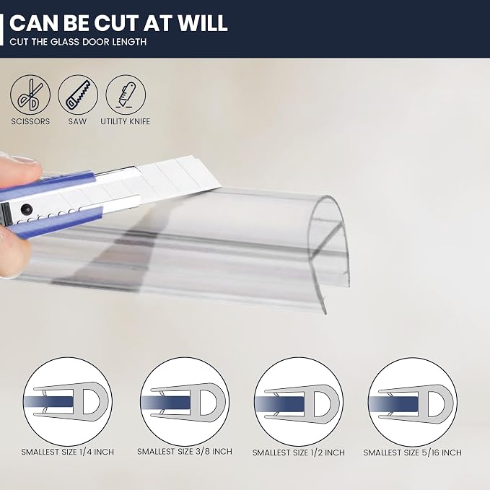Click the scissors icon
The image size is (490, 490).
pyautogui.click(x=30, y=95)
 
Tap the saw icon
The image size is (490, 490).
pyautogui.click(x=78, y=95)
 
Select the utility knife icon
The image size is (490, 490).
pyautogui.click(x=126, y=95)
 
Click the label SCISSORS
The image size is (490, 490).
pyautogui.click(x=30, y=121)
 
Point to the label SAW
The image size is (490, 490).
pyautogui.click(x=77, y=121)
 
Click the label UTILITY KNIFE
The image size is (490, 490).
pyautogui.click(x=126, y=121)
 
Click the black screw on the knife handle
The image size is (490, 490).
pyautogui.click(x=26, y=209)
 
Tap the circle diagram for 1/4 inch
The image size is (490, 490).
pyautogui.click(x=68, y=401)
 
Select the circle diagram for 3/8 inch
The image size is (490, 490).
pyautogui.click(x=185, y=401)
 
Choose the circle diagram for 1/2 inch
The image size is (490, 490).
pyautogui.click(x=299, y=401)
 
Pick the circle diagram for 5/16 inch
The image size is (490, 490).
pyautogui.click(x=413, y=402)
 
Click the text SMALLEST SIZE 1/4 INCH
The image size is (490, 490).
pyautogui.click(x=68, y=452)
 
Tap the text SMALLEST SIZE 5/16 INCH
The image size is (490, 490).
pyautogui.click(x=413, y=452)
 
